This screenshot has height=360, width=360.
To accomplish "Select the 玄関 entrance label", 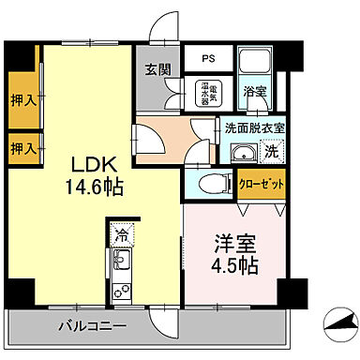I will click(157, 68).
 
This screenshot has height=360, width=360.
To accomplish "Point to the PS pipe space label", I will click(207, 56).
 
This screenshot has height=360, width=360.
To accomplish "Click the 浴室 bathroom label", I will click(254, 93).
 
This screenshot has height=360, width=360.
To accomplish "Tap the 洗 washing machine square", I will click(270, 153).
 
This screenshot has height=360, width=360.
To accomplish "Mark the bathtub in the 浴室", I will click(255, 64).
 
